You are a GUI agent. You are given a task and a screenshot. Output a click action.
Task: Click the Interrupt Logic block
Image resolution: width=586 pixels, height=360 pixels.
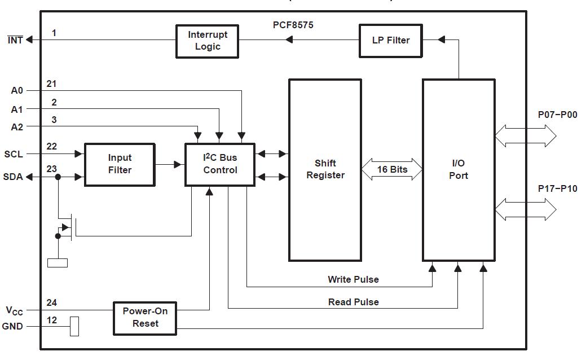(207, 41)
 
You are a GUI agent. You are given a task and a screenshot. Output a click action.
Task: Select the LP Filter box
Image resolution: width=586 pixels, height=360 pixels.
(390, 41)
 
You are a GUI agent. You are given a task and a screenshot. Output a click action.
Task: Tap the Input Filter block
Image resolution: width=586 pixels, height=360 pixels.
(120, 164)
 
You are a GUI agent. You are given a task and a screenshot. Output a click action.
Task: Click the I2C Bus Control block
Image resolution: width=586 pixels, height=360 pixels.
(220, 164)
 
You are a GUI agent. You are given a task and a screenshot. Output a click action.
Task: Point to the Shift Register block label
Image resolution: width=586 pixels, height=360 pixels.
(325, 169)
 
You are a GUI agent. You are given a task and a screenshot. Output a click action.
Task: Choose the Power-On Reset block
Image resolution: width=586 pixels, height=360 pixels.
(145, 317)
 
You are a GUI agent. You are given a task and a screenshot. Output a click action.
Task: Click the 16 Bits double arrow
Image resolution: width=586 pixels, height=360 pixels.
(392, 169)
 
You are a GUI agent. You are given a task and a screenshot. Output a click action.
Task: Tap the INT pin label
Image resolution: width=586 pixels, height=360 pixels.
(15, 40)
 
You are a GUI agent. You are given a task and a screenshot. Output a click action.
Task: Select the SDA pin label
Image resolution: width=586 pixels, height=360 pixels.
(14, 177)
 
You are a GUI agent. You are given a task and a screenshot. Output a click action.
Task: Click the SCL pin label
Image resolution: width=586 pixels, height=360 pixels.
(14, 154)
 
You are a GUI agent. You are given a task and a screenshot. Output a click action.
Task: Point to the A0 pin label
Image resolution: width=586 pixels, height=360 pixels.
(17, 90)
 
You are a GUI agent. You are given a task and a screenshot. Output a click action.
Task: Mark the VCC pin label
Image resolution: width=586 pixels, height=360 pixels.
(15, 310)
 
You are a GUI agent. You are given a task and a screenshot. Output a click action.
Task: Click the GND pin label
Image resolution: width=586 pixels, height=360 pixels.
(12, 326)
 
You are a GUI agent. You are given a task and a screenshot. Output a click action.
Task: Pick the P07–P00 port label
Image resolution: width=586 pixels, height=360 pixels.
(557, 115)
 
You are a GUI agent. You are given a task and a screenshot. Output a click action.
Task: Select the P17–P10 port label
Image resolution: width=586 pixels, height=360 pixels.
(557, 188)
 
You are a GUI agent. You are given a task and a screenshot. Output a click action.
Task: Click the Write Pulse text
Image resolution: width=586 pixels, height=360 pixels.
(353, 279)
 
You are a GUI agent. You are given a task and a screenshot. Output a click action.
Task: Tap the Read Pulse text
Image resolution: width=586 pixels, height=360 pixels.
(353, 302)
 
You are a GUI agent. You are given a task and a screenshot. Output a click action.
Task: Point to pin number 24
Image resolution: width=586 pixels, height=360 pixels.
(52, 303)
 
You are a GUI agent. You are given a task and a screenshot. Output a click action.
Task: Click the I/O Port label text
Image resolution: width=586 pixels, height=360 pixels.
(459, 169)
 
